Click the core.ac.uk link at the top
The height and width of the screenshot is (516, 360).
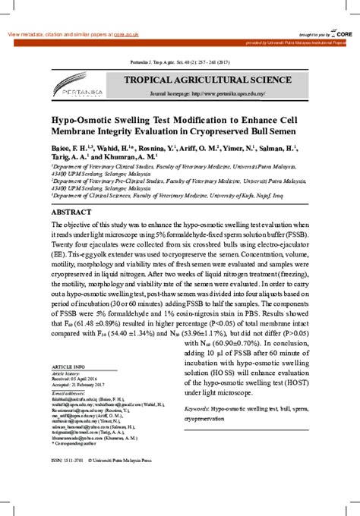[126, 35]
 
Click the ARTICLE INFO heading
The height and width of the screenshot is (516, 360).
[68, 366]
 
